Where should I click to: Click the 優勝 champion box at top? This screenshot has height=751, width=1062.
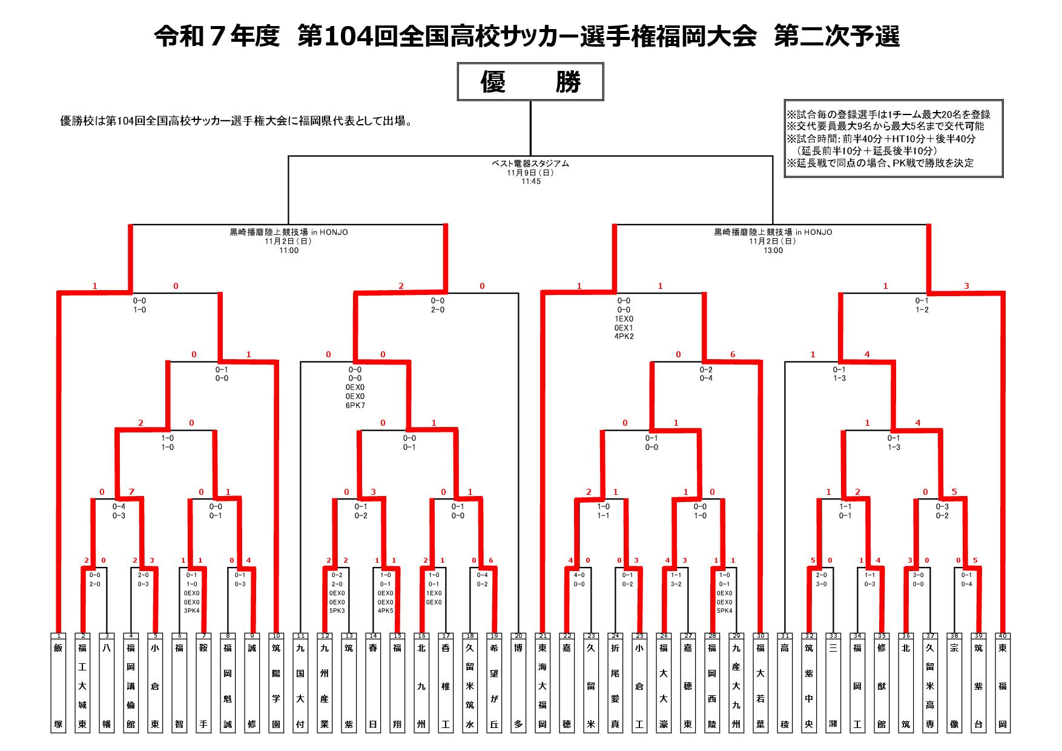pyautogui.click(x=530, y=81)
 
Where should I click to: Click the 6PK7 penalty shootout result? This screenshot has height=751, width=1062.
pyautogui.click(x=355, y=406)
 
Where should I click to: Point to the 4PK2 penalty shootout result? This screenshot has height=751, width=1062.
pyautogui.click(x=624, y=337)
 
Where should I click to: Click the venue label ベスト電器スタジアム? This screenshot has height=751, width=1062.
pyautogui.click(x=530, y=164)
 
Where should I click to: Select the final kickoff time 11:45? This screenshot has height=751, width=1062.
pyautogui.click(x=530, y=182)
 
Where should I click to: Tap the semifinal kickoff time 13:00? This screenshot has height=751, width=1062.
pyautogui.click(x=773, y=251)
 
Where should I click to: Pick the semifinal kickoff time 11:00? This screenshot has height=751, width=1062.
pyautogui.click(x=289, y=251)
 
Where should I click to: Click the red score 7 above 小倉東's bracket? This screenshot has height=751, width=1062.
pyautogui.click(x=131, y=492)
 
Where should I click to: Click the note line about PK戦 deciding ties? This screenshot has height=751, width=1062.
pyautogui.click(x=880, y=164)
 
